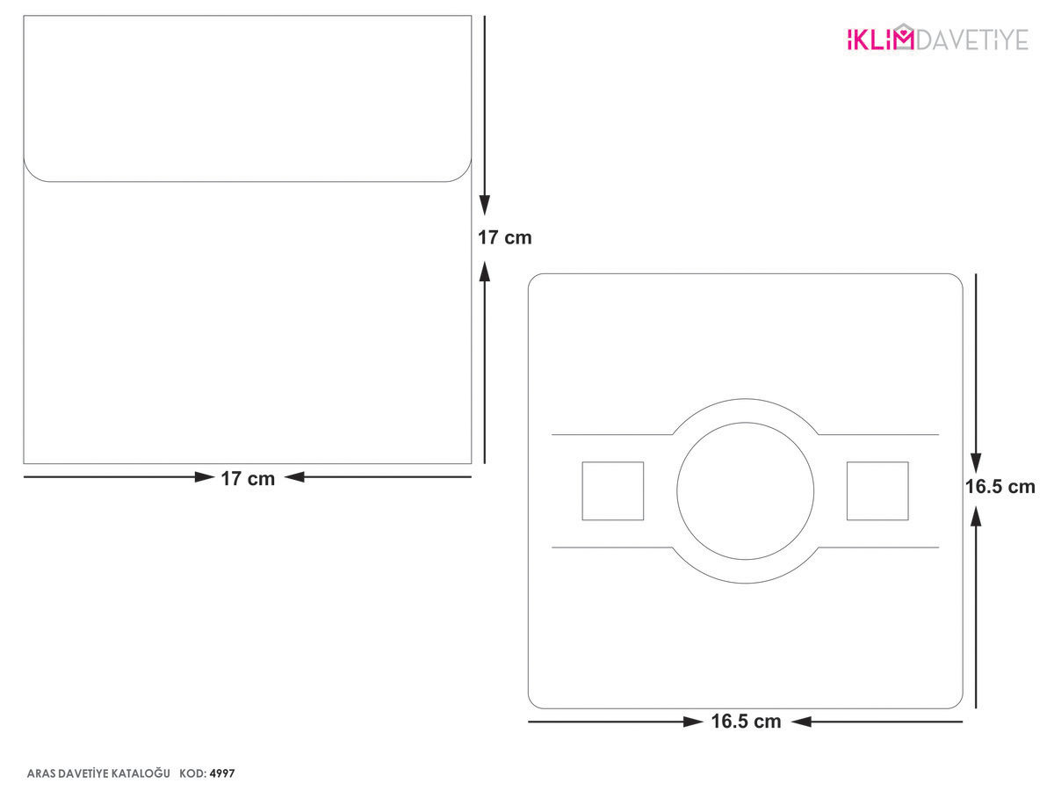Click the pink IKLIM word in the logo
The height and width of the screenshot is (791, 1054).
point(879,40)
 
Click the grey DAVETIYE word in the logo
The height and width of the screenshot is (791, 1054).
point(972,40)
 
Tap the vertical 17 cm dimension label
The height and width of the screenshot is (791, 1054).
point(505,237)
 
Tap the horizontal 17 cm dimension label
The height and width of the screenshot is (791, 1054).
point(248,479)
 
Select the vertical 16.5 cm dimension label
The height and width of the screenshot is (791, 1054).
point(1000,487)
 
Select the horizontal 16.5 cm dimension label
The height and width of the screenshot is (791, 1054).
point(747,722)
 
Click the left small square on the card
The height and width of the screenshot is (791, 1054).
point(613,490)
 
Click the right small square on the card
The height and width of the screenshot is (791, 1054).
point(877,490)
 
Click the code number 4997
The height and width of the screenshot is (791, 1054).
point(222,773)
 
